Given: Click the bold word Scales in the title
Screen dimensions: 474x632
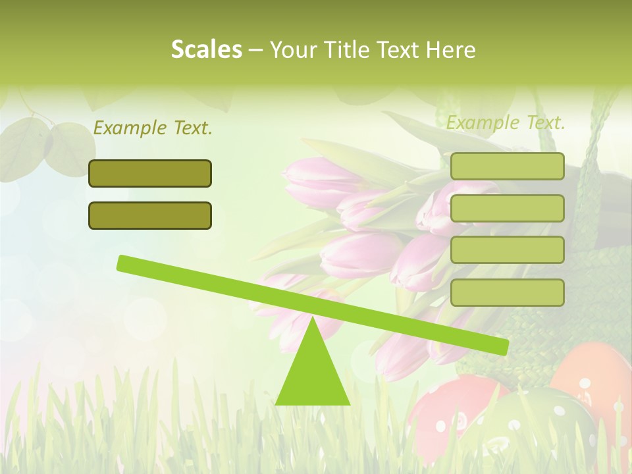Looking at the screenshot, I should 206,49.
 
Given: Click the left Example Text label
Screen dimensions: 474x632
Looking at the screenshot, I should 153,128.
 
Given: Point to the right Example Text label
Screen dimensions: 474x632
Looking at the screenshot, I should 506,122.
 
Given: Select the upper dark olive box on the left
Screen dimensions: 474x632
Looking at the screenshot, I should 150,173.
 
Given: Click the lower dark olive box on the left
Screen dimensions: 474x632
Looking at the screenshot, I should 150,215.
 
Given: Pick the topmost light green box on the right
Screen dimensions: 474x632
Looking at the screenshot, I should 507,166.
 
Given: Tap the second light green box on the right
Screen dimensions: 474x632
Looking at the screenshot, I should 507,208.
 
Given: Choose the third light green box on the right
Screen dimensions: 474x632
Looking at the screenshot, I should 507,250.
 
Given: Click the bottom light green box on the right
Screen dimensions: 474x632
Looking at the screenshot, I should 507,292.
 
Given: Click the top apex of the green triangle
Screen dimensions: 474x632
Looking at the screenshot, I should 313,319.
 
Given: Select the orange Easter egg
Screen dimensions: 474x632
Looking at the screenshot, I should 589,375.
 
